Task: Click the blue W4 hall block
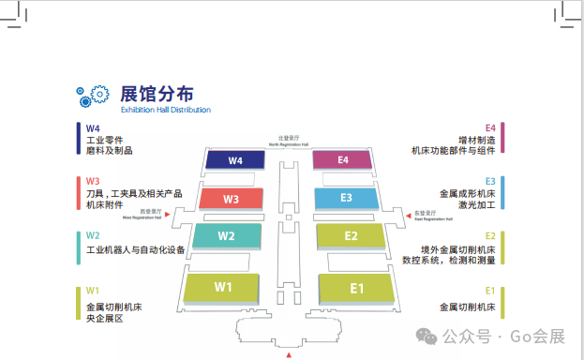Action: pyautogui.click(x=234, y=160)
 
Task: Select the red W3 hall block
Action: pyautogui.click(x=231, y=199)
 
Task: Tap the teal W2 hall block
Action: pyautogui.click(x=226, y=235)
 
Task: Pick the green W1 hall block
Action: pyautogui.click(x=223, y=286)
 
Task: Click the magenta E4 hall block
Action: pyautogui.click(x=343, y=160)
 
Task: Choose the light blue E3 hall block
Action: pyautogui.click(x=346, y=198)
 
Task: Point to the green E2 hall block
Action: pyautogui.click(x=352, y=235)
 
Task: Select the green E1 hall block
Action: pyautogui.click(x=356, y=287)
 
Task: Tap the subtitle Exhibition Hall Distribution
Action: pyautogui.click(x=165, y=110)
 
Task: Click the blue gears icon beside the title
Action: pyautogui.click(x=94, y=97)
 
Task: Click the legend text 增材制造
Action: pyautogui.click(x=476, y=139)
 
